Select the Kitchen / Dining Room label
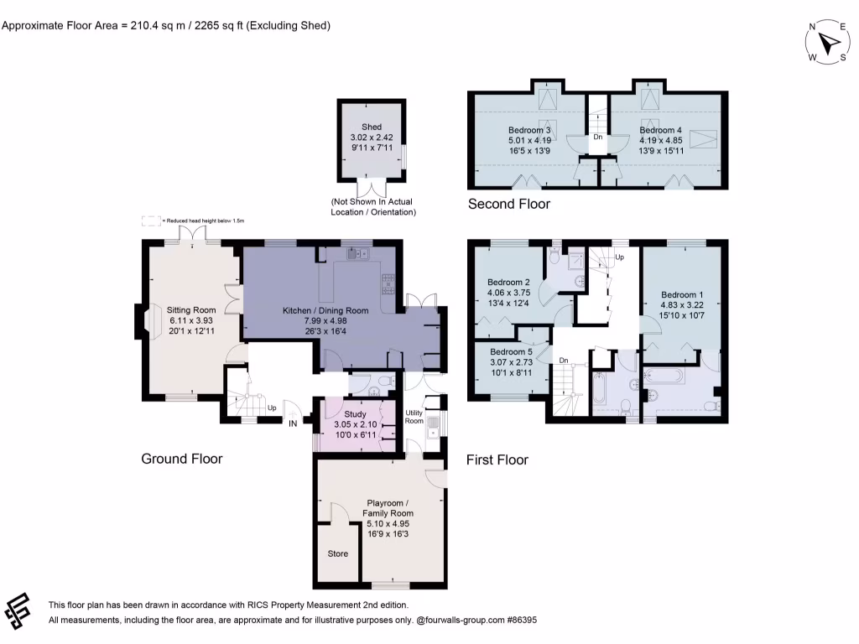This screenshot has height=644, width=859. click(x=325, y=311)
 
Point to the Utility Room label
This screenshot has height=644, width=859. click(x=414, y=418)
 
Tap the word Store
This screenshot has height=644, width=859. click(x=337, y=554)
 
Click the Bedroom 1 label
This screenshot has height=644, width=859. click(x=682, y=295)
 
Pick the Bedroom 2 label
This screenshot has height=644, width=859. click(x=510, y=283)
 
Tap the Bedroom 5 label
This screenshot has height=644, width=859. click(x=511, y=351)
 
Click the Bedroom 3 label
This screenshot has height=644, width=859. click(x=529, y=131)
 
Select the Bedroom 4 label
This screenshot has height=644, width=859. click(x=660, y=131)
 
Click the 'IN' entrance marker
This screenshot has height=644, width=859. click(x=293, y=425)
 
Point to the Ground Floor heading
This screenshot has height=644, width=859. click(x=181, y=459)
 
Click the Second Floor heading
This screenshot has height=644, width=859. click(x=509, y=204)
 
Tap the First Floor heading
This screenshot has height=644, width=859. click(x=497, y=460)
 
